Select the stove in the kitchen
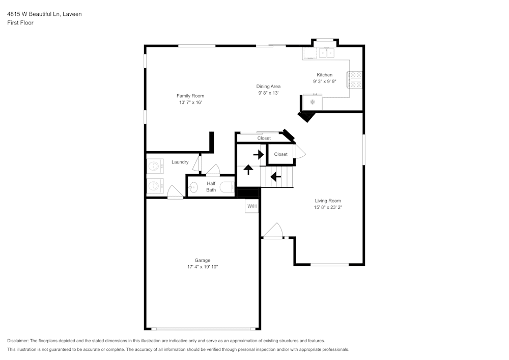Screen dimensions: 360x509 click(355, 80)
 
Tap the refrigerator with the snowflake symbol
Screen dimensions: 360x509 click(313, 102)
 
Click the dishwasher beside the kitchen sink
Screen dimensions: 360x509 click(309, 53)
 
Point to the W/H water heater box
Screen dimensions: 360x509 click(252, 206)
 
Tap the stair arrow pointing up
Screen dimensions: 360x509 click(248, 169)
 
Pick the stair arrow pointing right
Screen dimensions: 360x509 click(259, 154)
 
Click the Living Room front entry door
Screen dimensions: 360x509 click(273, 231)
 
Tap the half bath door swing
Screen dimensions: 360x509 click(213, 170)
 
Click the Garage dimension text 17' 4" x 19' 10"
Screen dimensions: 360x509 click(202, 267)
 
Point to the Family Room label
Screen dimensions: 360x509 click(190, 96)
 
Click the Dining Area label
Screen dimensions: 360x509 click(268, 86)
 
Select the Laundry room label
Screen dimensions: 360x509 click(180, 162)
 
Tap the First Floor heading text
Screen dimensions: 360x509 click(20, 23)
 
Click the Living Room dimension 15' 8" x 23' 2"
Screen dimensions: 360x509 click(327, 207)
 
